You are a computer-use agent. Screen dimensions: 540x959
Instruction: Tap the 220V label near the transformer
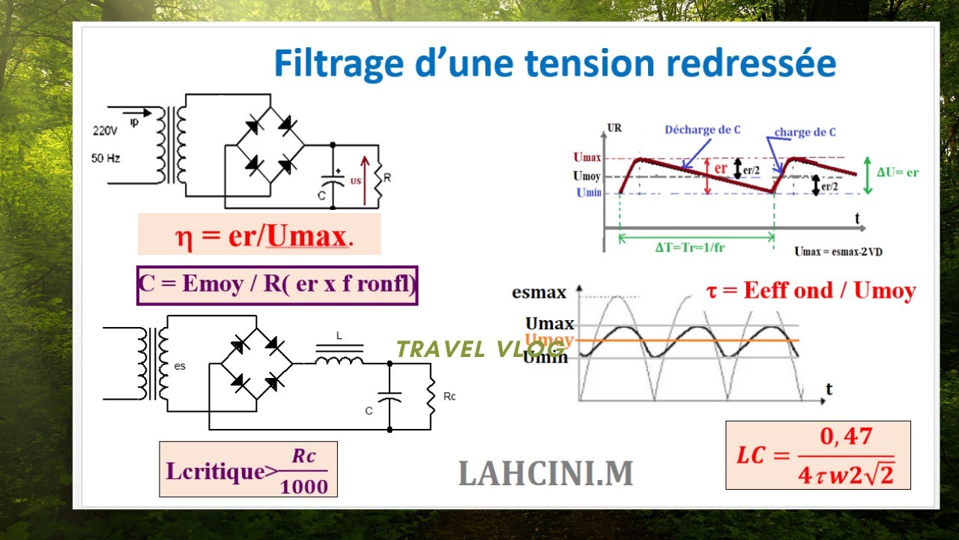(x=106, y=130)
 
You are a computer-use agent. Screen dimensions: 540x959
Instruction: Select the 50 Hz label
(x=106, y=158)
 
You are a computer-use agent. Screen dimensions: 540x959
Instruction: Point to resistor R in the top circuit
(x=379, y=178)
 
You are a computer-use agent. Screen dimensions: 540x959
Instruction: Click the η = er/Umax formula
(x=259, y=235)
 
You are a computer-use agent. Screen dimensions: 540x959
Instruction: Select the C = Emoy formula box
(x=277, y=285)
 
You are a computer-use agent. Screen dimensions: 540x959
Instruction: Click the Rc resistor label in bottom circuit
(x=449, y=396)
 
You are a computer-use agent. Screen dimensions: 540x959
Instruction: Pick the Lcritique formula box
(x=248, y=469)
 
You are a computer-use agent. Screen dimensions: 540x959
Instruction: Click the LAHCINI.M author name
(x=545, y=473)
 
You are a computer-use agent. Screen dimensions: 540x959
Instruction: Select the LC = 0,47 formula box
(x=817, y=455)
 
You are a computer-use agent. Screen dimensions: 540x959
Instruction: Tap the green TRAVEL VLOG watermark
(x=480, y=349)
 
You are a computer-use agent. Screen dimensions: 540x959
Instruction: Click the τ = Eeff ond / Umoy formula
(x=811, y=291)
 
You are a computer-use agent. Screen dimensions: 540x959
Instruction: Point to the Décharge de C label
(x=703, y=130)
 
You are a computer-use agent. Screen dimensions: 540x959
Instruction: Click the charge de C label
(x=805, y=132)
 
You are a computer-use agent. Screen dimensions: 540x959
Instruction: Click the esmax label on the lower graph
(x=539, y=293)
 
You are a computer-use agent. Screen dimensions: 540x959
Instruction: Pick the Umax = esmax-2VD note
(x=838, y=252)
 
